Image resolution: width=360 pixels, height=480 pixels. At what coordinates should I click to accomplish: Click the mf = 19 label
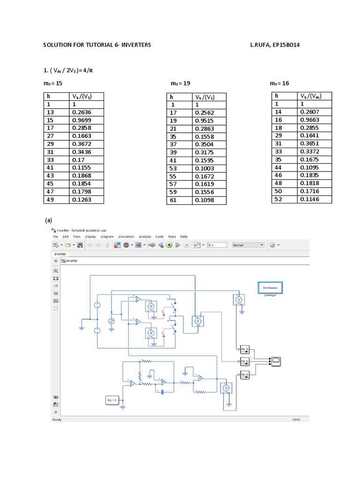coord(181,83)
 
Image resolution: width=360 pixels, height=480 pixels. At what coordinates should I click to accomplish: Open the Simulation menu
coord(126,237)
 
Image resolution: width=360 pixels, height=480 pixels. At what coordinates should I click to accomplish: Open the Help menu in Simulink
coord(184,237)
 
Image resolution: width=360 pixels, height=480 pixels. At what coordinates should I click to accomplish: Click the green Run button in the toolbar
coord(169,245)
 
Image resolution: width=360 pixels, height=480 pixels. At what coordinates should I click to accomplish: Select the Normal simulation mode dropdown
coord(248,245)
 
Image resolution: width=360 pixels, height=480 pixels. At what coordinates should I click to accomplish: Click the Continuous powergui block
coord(270,287)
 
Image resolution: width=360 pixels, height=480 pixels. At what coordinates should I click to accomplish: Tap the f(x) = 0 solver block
coord(112,400)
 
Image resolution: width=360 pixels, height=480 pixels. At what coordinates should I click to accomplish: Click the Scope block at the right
coord(276,360)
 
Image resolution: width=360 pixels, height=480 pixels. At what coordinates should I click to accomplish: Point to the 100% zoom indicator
coord(296,420)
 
